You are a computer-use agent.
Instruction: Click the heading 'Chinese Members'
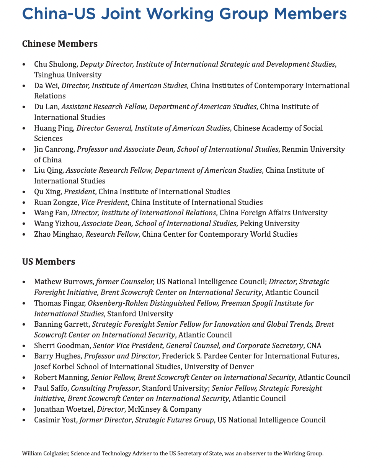click(60, 44)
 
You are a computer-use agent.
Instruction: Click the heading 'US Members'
click(49, 262)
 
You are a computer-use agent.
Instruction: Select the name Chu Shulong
click(55, 64)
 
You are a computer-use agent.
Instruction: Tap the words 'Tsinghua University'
click(68, 75)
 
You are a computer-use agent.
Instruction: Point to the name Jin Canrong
click(54, 149)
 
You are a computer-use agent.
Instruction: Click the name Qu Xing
click(47, 191)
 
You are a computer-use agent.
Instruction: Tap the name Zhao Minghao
click(58, 234)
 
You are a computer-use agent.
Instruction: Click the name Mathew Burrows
click(64, 282)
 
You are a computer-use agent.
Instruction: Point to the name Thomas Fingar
click(59, 303)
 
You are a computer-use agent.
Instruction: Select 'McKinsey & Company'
click(169, 409)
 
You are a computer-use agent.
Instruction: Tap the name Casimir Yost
click(55, 420)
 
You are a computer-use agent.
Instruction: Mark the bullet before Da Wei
click(25, 86)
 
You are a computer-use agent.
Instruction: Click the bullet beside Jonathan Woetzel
click(25, 409)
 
